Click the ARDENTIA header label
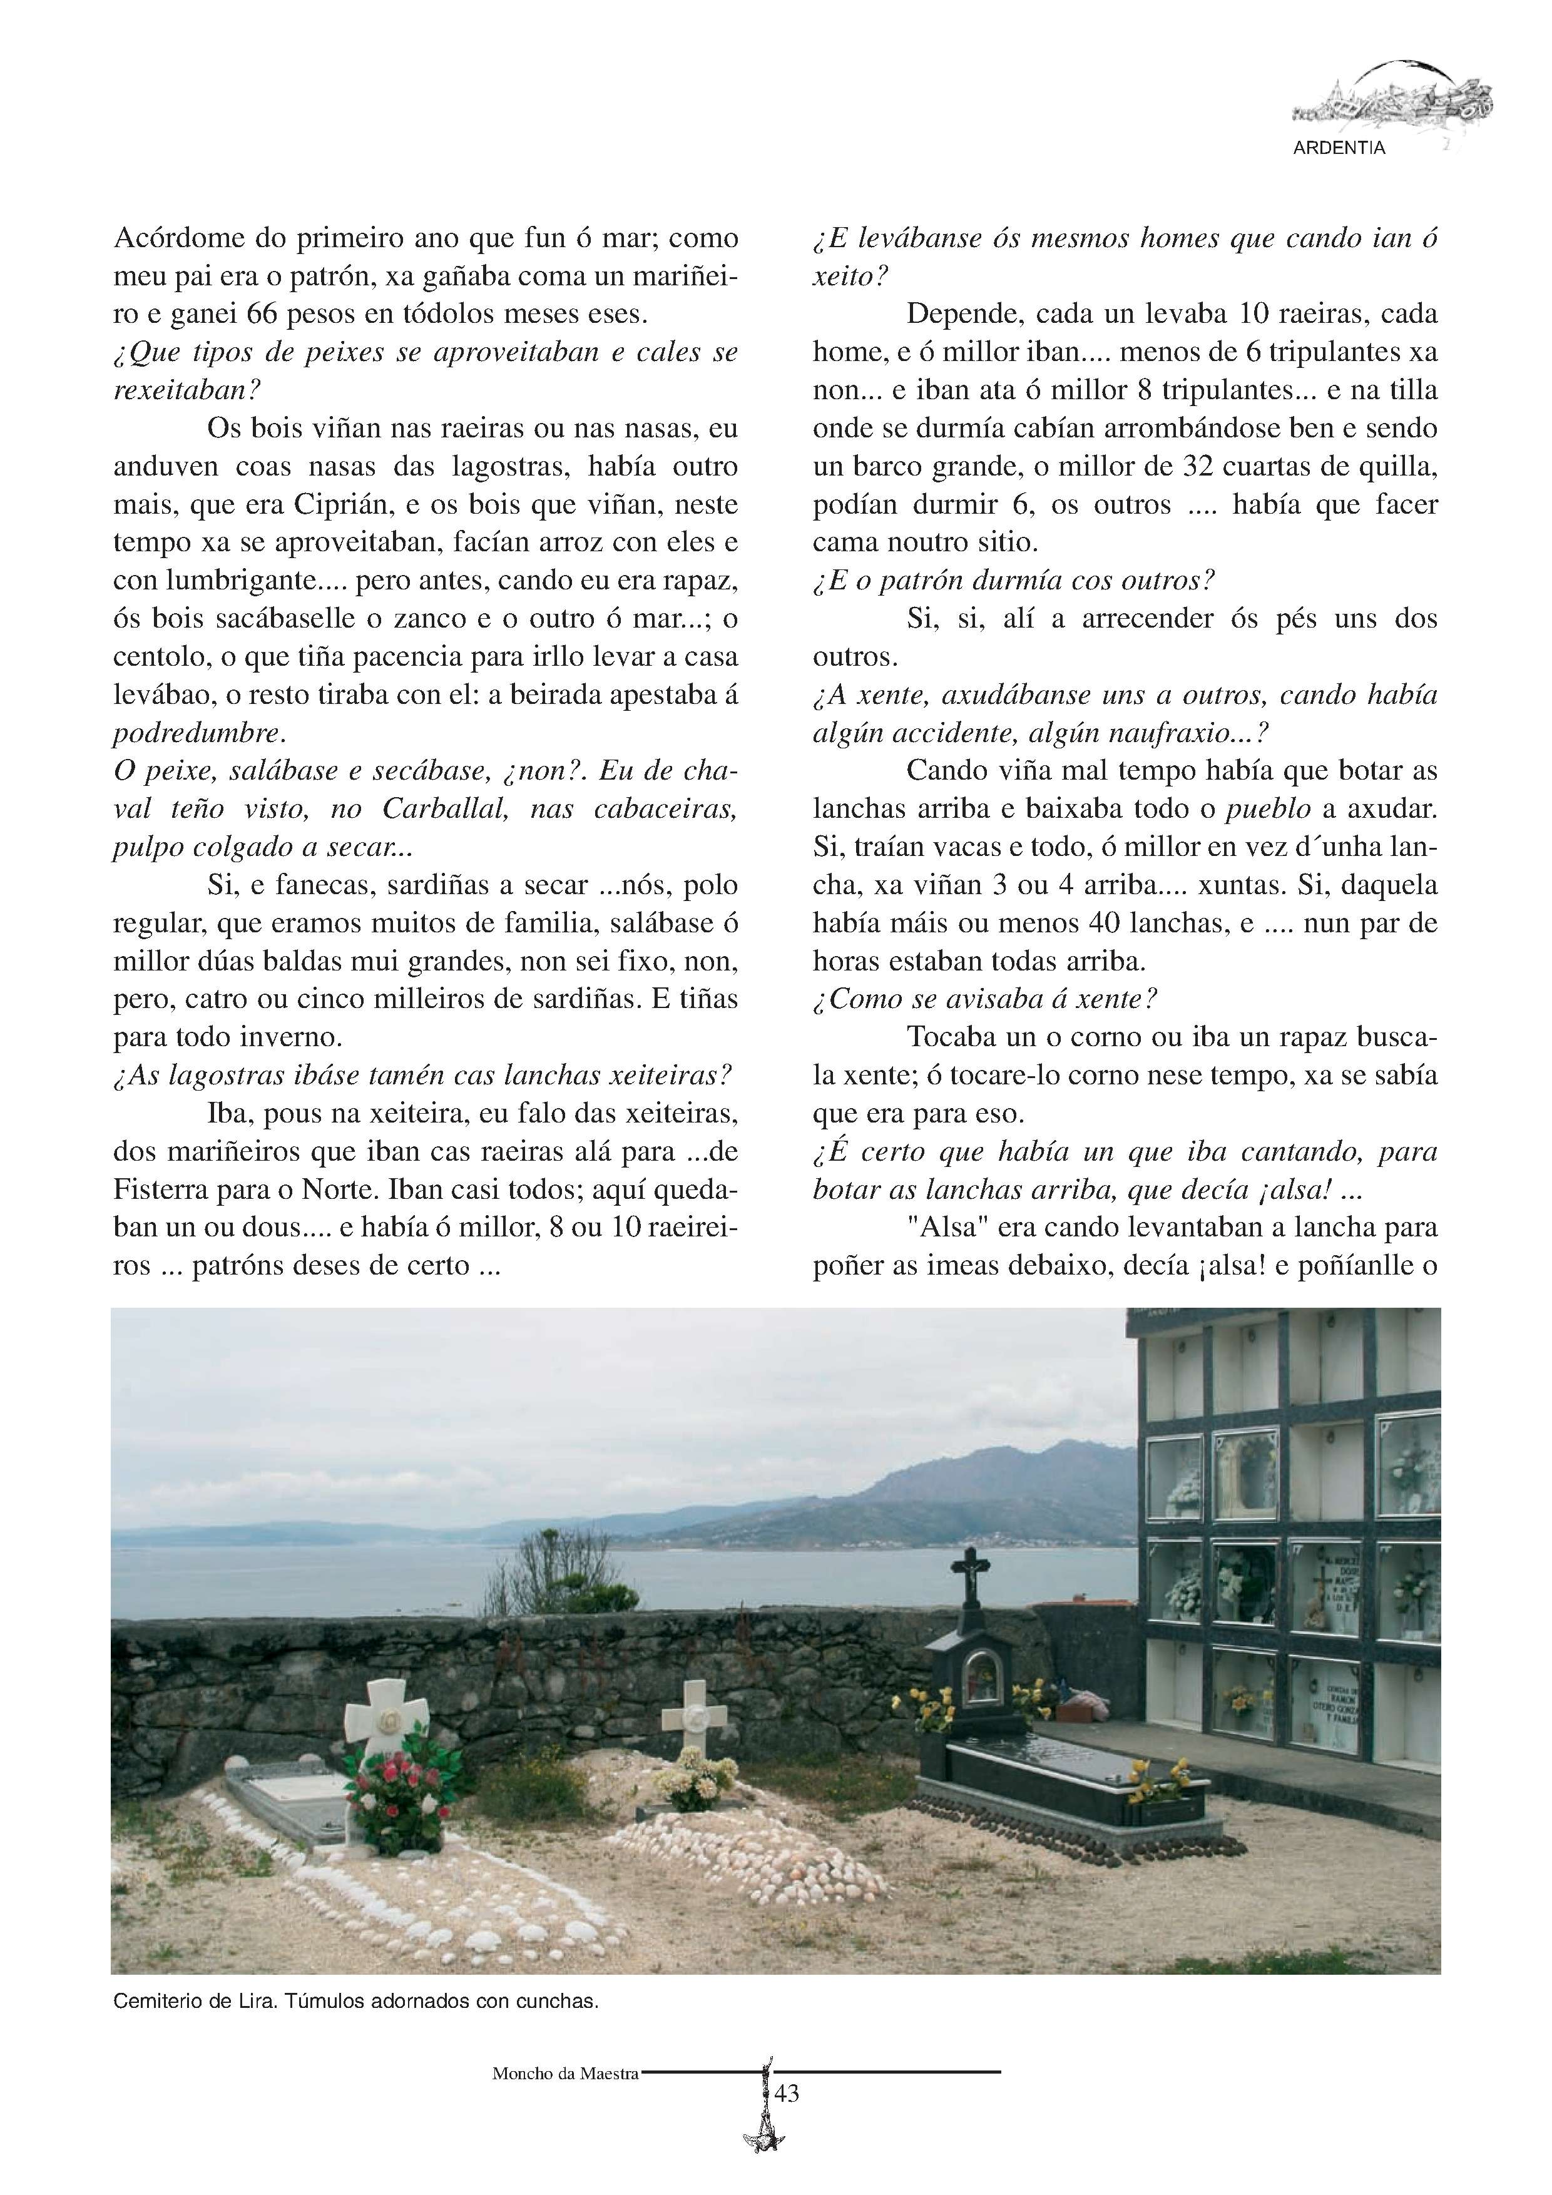pyautogui.click(x=1338, y=148)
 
